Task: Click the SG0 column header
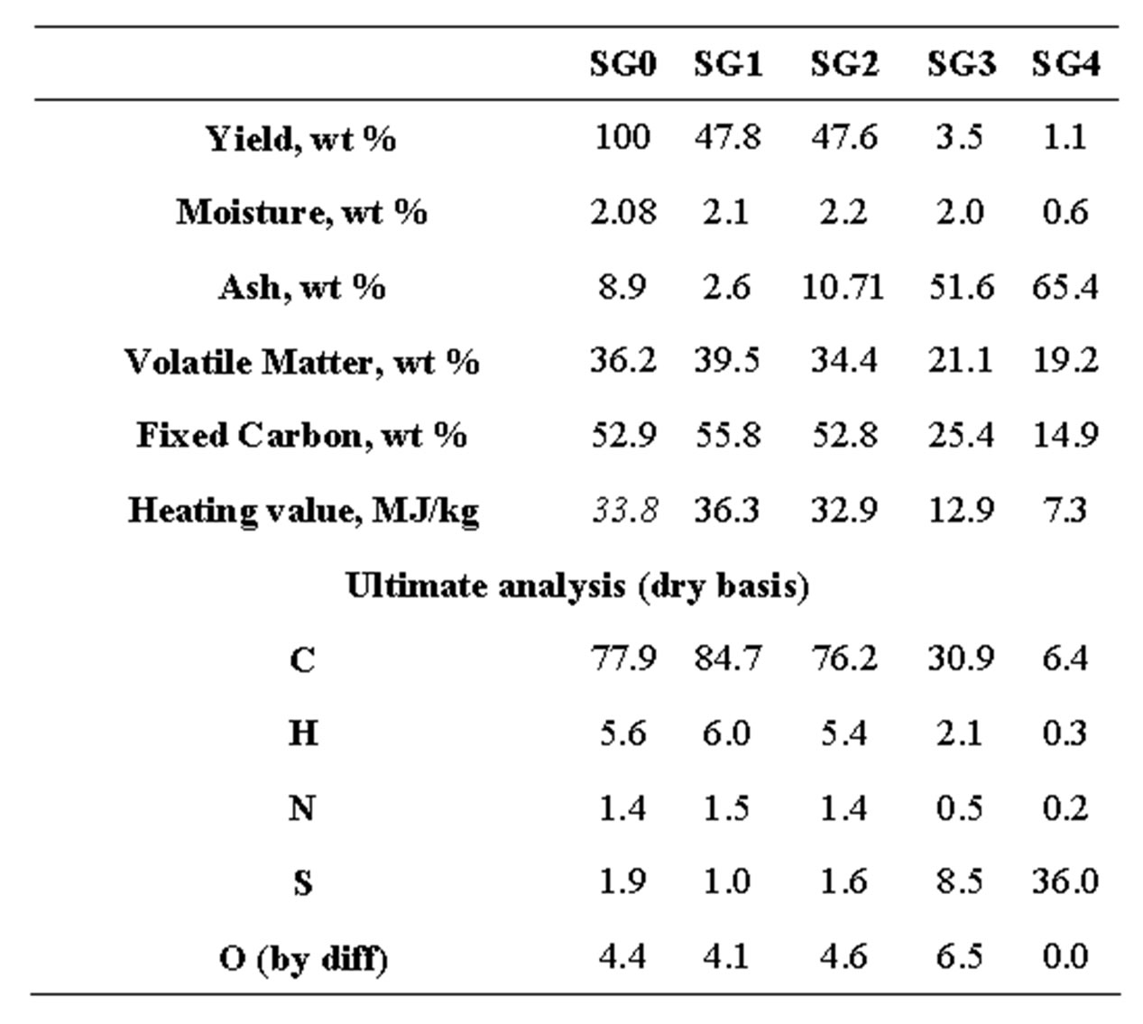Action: (x=622, y=65)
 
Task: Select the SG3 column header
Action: (x=961, y=65)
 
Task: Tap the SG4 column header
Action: (x=1065, y=65)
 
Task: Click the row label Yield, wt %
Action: (x=301, y=139)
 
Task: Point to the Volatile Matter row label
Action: (x=301, y=362)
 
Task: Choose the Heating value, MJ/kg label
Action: (x=303, y=511)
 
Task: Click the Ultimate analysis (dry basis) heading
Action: (x=577, y=586)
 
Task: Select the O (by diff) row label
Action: (x=303, y=957)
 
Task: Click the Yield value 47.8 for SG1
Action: (x=727, y=137)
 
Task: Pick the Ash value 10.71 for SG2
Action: (x=843, y=287)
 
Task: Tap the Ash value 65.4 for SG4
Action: (x=1065, y=287)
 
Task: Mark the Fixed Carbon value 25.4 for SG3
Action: (x=961, y=436)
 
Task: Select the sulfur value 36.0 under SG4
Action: (x=1065, y=881)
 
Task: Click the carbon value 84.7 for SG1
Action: (x=727, y=659)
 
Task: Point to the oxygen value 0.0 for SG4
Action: (x=1065, y=955)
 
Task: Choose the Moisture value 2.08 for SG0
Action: (x=622, y=212)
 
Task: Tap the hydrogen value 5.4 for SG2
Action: (x=843, y=733)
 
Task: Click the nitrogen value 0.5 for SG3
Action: (x=959, y=807)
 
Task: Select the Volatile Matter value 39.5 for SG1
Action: (x=727, y=361)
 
